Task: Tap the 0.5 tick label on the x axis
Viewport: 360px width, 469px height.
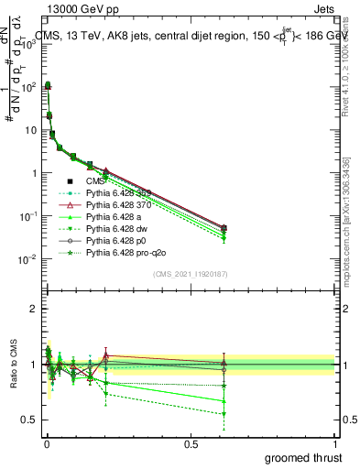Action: coord(191,444)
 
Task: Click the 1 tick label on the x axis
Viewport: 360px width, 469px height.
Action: coord(334,444)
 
